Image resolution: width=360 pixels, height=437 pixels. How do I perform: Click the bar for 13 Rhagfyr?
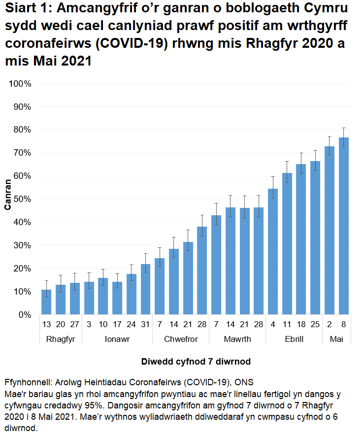pos(46,302)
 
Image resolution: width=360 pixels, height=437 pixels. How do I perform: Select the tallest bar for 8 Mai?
pos(343,226)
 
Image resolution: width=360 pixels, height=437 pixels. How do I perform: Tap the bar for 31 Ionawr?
pos(145,289)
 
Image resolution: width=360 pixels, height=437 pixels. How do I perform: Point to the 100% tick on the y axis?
pos(20,84)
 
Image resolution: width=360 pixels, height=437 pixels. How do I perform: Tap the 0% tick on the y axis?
pos(24,315)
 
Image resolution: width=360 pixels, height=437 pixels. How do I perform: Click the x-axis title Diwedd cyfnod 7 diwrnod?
pos(196,362)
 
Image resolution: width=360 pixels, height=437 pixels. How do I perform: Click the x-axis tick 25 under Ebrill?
pos(315,326)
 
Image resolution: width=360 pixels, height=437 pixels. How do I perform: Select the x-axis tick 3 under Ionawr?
pos(89,326)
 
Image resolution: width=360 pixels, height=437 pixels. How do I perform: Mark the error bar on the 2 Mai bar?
pos(329,146)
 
